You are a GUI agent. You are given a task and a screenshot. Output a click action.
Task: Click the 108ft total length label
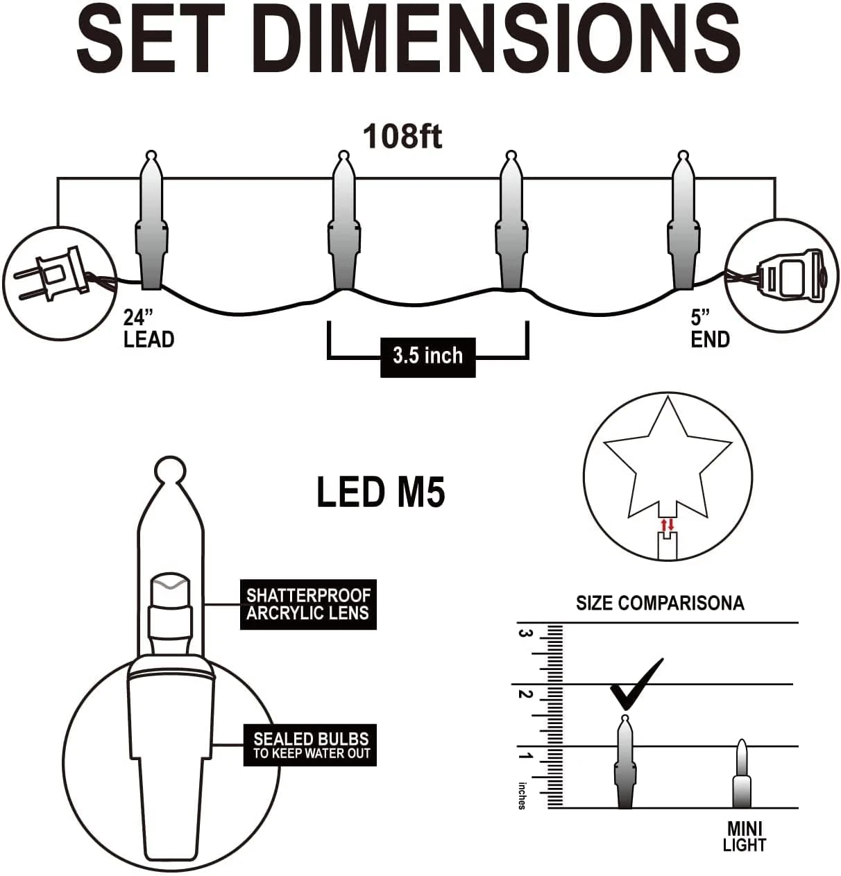coord(402,137)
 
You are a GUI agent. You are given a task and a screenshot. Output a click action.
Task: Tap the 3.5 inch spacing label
coord(428,357)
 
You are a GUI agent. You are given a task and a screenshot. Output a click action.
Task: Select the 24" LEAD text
coord(148,329)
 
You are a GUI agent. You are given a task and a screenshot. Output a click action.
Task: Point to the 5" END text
coord(710,329)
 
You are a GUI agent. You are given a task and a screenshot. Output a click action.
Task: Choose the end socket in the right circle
coord(789,275)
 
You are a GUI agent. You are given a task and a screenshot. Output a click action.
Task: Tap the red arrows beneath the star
coord(667,524)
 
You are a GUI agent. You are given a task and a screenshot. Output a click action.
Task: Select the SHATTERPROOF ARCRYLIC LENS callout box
coord(308,604)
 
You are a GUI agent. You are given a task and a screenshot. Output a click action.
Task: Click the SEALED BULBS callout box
coord(310,745)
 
